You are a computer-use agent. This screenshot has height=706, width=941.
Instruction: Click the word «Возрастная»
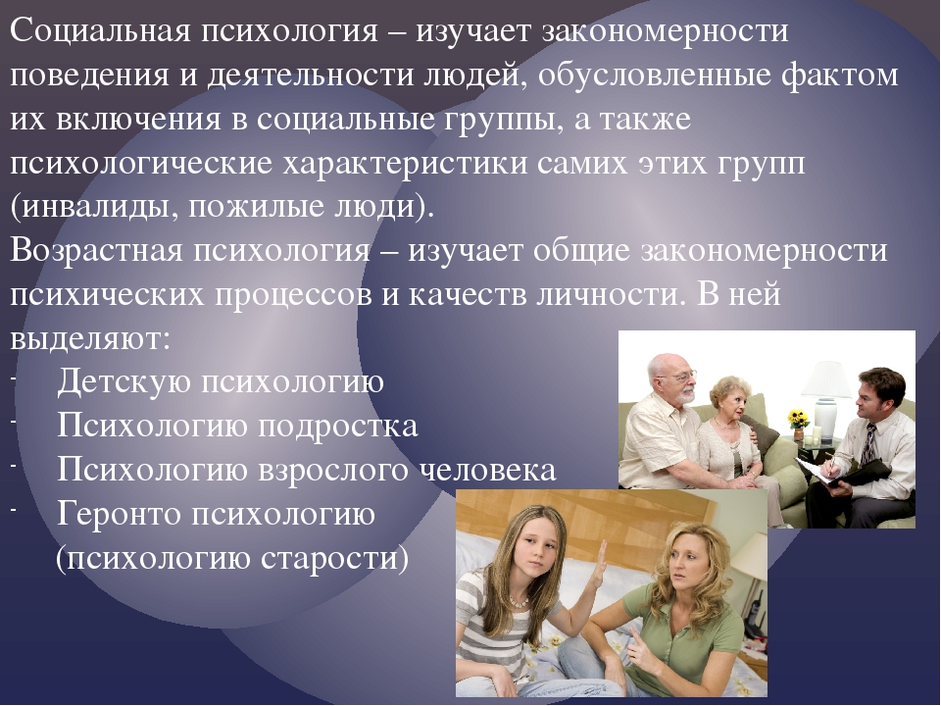(x=96, y=250)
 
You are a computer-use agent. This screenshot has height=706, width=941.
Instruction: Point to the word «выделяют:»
(x=90, y=339)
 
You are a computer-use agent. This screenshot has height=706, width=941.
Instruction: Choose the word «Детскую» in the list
(x=124, y=381)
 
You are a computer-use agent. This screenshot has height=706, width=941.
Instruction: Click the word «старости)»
(x=334, y=559)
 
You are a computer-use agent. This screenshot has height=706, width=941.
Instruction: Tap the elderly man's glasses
(x=678, y=377)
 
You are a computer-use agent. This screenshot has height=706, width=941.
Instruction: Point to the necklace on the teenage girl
(x=519, y=600)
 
